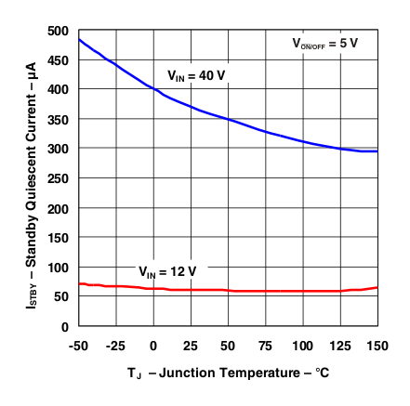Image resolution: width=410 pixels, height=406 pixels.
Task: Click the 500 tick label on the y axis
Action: (x=58, y=31)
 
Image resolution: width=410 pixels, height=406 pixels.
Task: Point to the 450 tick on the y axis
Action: (x=58, y=60)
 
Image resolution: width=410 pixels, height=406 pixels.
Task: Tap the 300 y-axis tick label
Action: (x=58, y=149)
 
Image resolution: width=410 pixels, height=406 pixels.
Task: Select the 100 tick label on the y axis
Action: (x=58, y=268)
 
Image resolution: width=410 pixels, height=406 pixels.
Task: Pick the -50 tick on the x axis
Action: (x=79, y=346)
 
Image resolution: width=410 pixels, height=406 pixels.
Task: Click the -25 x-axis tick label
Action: (x=116, y=346)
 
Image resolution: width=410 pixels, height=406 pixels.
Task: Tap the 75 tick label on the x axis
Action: (x=266, y=346)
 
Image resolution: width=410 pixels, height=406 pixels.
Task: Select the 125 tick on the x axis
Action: (x=340, y=346)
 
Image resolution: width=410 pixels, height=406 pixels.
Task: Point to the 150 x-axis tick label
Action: (x=377, y=346)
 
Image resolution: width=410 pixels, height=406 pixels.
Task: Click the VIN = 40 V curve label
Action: (x=195, y=75)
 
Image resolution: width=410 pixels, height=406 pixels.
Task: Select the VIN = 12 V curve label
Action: (x=168, y=271)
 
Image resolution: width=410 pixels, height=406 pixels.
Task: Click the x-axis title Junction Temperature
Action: (x=228, y=373)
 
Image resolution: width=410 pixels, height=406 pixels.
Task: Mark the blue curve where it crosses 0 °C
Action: (x=153, y=88)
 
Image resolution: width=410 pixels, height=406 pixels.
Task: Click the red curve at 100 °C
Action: (x=303, y=291)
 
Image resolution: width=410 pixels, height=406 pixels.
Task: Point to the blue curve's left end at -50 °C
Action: (x=80, y=40)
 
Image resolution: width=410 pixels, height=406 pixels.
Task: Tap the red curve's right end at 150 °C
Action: (x=377, y=288)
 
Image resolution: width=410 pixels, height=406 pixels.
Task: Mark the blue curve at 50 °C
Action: (x=229, y=120)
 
